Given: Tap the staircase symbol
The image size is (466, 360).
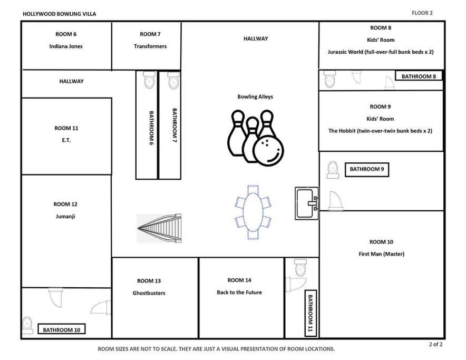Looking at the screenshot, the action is [159, 228].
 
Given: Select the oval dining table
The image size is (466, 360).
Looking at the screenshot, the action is [253, 212].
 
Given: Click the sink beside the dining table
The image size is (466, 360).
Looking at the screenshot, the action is [307, 203].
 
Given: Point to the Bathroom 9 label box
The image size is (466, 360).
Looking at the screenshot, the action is [367, 169].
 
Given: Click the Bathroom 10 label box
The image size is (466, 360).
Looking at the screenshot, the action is [62, 329].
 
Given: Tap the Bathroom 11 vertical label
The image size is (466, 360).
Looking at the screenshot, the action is [310, 313].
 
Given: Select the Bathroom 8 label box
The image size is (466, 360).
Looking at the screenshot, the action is [419, 76].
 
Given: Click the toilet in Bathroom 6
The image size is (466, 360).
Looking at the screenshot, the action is [150, 80].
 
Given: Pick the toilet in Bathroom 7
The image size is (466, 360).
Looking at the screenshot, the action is [174, 80].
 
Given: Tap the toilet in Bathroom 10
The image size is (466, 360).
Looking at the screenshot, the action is [27, 325].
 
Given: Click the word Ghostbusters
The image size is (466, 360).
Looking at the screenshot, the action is [149, 293].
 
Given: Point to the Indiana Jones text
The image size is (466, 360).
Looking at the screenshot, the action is [66, 46].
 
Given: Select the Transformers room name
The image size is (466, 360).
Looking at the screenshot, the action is [150, 46].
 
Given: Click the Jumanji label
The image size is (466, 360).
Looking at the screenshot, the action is [65, 217].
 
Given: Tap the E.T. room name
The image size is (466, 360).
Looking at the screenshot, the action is [66, 140].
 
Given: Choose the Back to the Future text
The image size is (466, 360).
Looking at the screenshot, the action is [239, 292].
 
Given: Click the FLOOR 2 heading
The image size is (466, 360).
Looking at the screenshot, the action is [422, 13].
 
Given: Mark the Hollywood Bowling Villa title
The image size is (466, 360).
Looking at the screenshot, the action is [60, 14].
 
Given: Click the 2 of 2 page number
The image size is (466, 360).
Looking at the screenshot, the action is [435, 344].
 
